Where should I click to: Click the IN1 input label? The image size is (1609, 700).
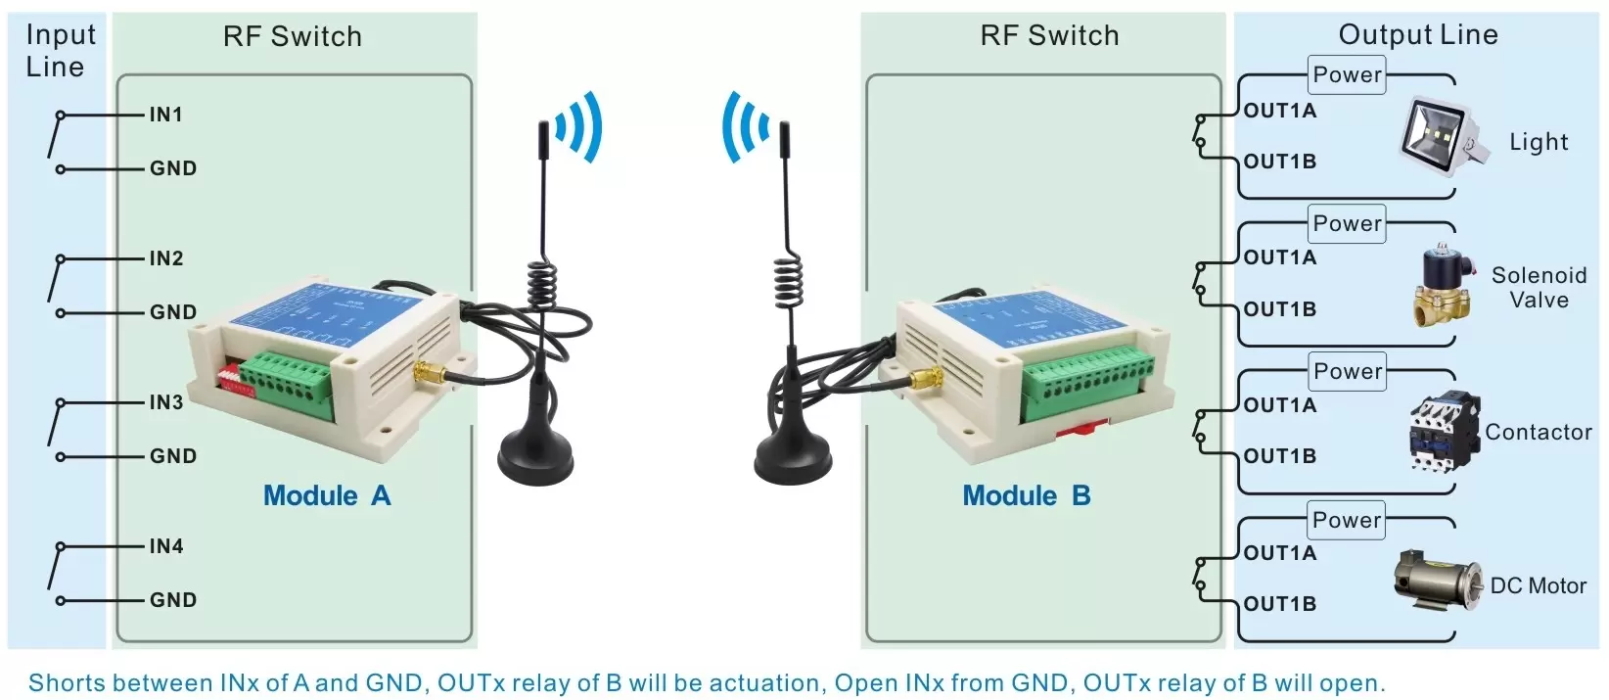(x=165, y=115)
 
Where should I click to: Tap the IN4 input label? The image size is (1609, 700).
(x=165, y=546)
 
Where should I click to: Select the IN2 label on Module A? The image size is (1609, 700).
(x=165, y=258)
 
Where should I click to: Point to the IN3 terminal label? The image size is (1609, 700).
(x=165, y=402)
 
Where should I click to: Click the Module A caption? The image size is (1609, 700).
(x=327, y=495)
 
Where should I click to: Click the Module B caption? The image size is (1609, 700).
(x=1026, y=495)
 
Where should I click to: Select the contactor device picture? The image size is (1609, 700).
(x=1444, y=432)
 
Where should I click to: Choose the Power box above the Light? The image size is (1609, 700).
(x=1347, y=75)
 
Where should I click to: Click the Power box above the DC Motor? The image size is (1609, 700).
(x=1347, y=520)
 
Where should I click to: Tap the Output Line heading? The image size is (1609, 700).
(x=1417, y=35)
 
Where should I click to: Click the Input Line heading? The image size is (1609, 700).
(x=60, y=51)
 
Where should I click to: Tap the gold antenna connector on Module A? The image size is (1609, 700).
(x=429, y=373)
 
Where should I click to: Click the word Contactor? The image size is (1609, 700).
(x=1538, y=432)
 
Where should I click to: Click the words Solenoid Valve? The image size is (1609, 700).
(x=1539, y=288)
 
